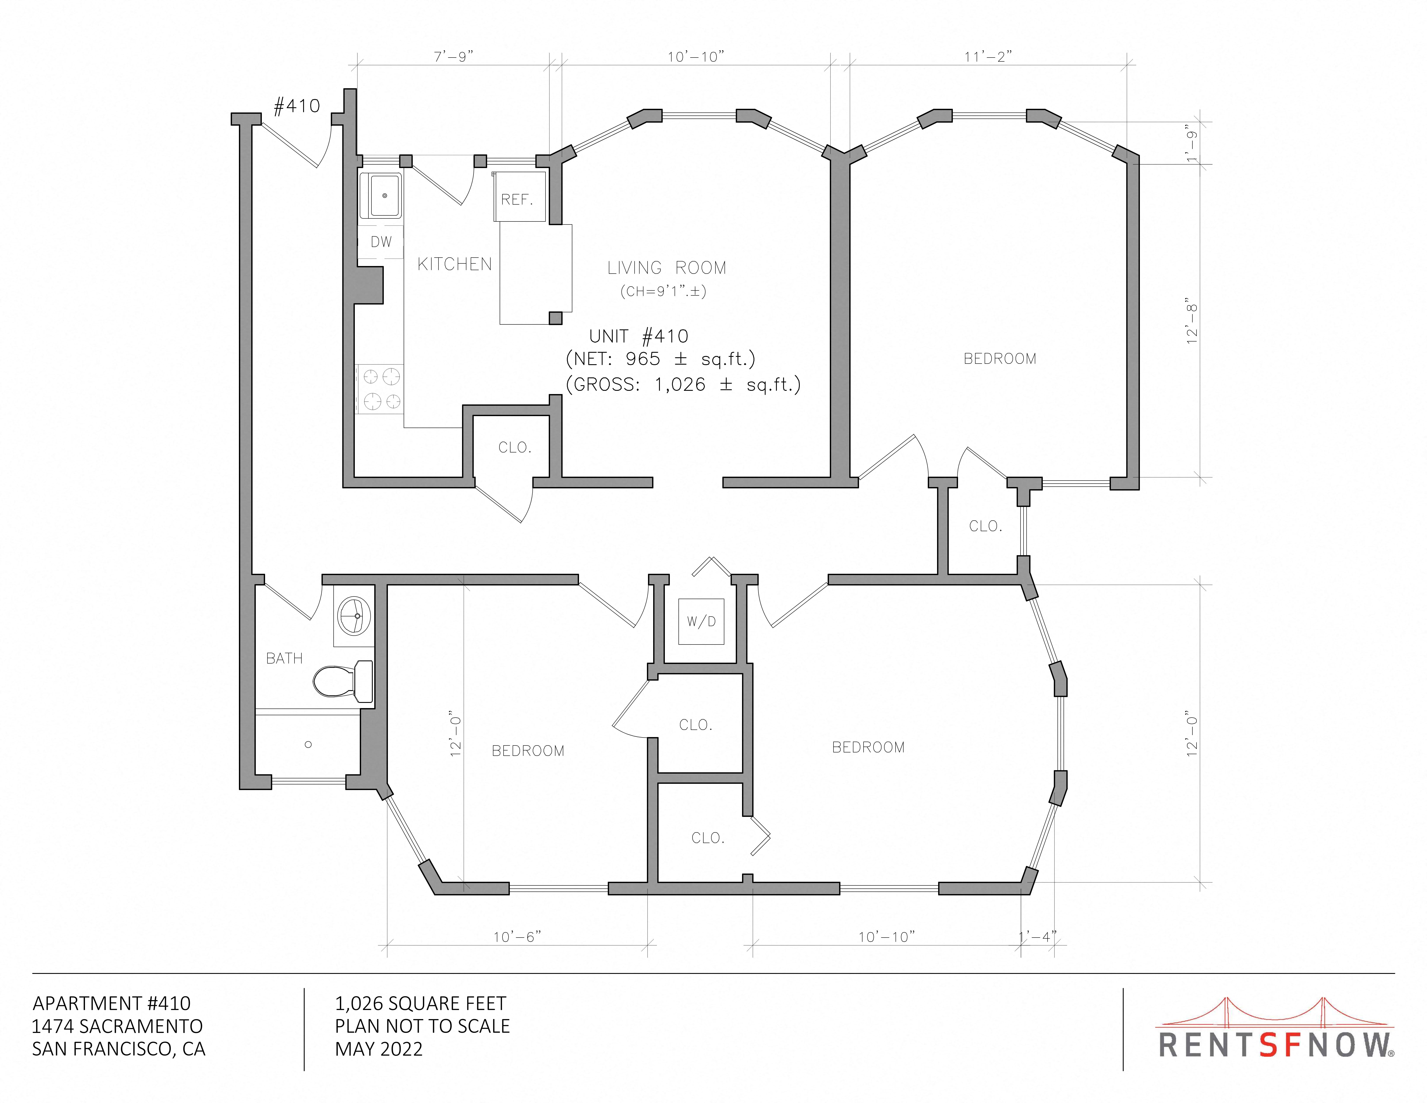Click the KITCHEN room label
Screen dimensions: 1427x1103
tap(455, 264)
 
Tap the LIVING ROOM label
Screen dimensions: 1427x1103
tap(666, 268)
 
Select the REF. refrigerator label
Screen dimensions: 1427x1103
tap(517, 199)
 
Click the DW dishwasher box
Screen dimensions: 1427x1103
tap(381, 242)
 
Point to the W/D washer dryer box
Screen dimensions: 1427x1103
tap(701, 621)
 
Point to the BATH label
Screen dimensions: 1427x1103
tap(284, 659)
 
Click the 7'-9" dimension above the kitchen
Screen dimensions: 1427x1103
tap(453, 57)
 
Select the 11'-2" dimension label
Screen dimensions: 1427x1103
tap(988, 57)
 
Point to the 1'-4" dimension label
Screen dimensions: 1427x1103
tap(1038, 937)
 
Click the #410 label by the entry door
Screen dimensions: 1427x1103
tap(297, 106)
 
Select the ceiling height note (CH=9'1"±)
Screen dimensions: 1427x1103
tap(663, 292)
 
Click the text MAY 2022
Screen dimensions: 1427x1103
tap(379, 1049)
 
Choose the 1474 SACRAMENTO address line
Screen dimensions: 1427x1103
tap(118, 1027)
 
